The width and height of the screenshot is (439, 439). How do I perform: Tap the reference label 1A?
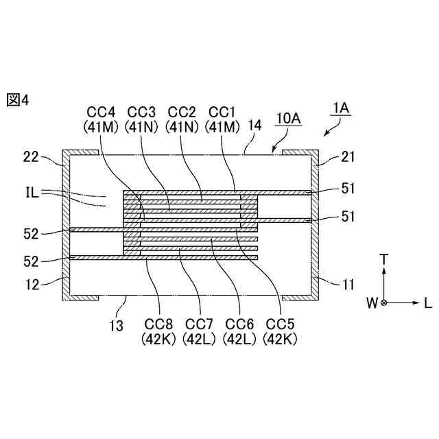coord(341,108)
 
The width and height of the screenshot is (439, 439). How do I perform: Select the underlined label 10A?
coord(288,119)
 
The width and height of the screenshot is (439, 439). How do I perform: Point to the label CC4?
coord(101,112)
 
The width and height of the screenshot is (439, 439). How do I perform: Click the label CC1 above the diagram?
coord(222,112)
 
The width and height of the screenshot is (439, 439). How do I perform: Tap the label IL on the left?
coord(29,194)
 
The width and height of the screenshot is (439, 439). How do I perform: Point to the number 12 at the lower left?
coord(29,281)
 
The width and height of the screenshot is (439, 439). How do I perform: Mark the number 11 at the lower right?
coord(348,281)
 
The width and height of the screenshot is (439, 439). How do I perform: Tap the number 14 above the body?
coord(255,126)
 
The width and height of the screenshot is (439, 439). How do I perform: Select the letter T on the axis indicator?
coord(384,259)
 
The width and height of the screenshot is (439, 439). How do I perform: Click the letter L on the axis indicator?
coord(427,302)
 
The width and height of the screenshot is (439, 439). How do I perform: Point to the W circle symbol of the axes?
coord(384,302)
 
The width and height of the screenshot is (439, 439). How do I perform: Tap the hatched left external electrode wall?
coord(65,226)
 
